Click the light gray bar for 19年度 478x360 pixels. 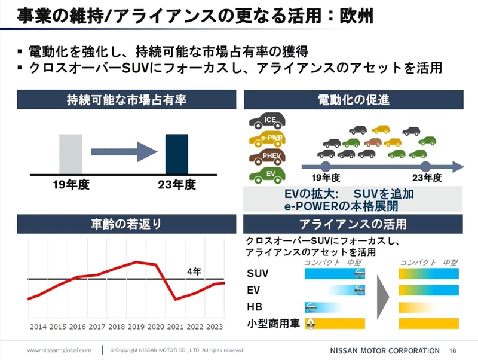[71, 154]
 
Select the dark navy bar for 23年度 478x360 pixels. [176, 154]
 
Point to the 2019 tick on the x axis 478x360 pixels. [136, 327]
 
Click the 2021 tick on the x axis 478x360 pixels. [175, 327]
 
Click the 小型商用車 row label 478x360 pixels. [271, 324]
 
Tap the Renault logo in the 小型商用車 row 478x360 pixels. [311, 324]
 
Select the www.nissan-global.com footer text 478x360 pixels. [59, 350]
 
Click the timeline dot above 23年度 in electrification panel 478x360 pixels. [425, 166]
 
